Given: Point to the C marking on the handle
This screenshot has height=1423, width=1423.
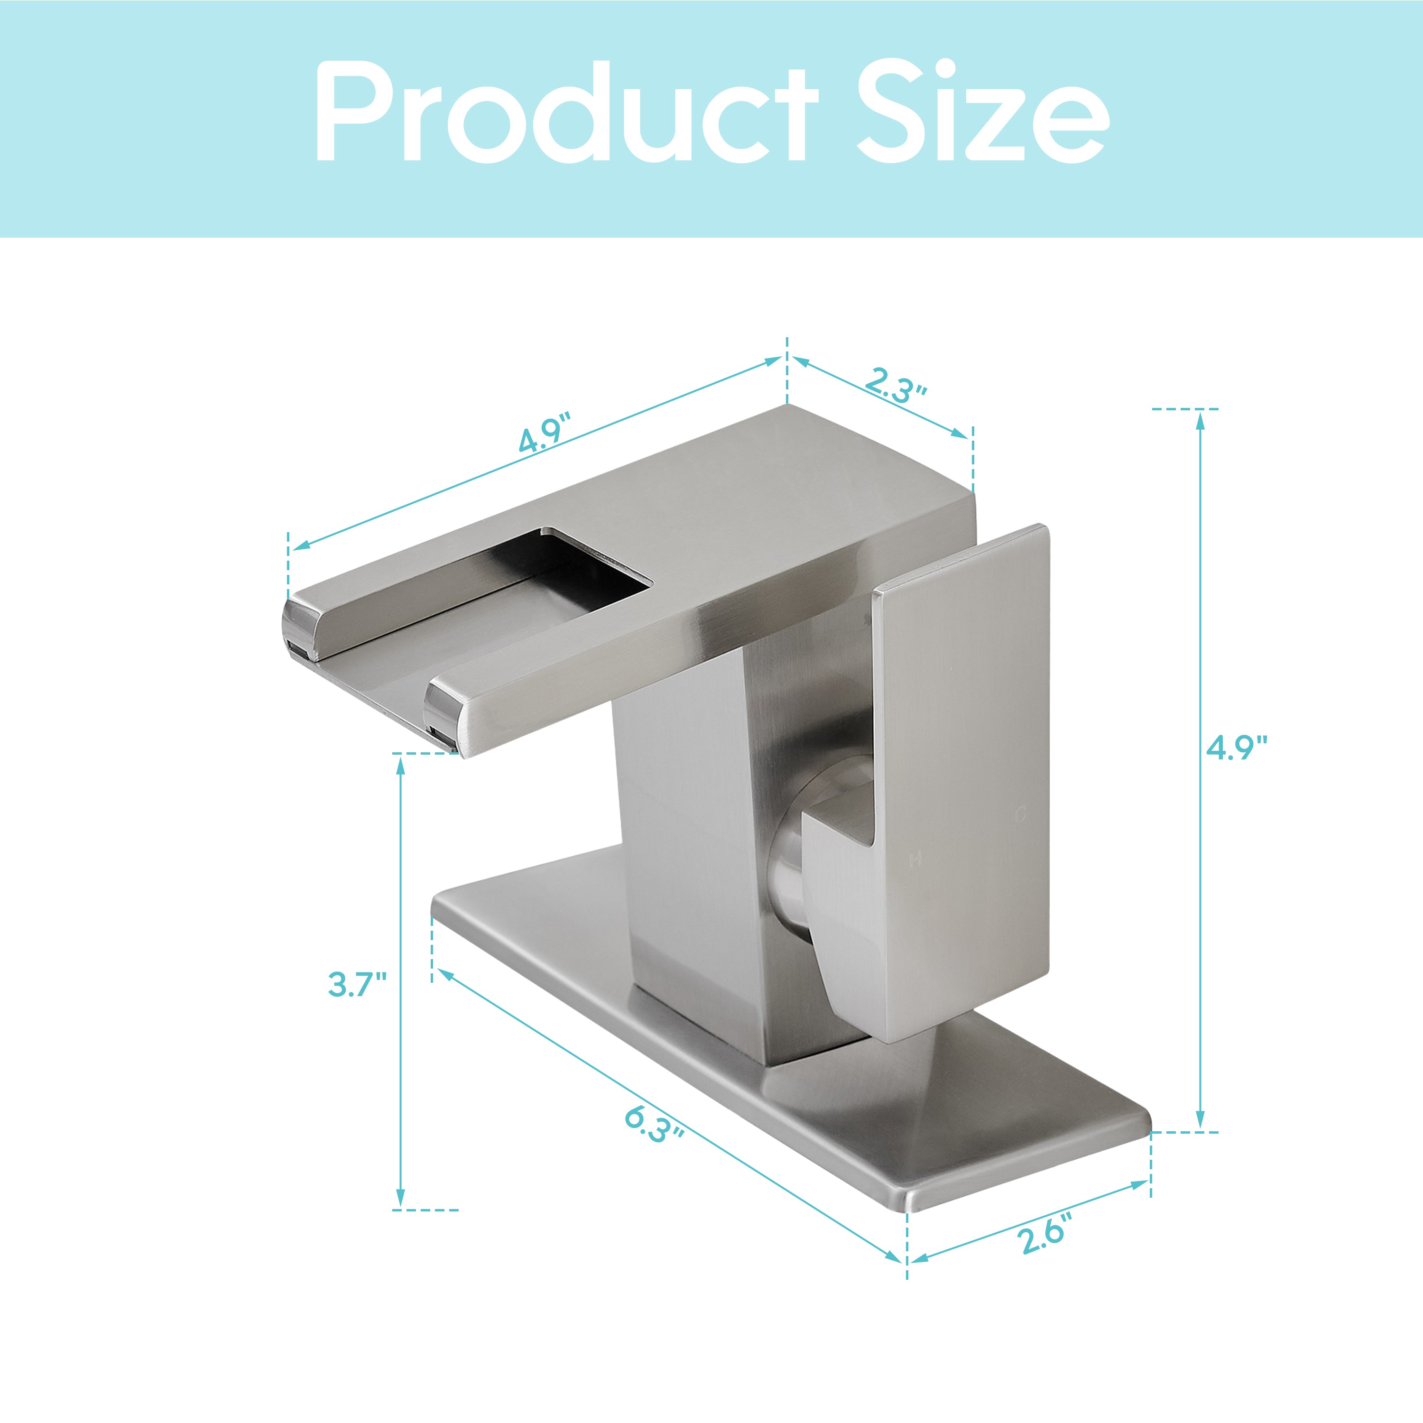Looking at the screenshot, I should pos(1020,814).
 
